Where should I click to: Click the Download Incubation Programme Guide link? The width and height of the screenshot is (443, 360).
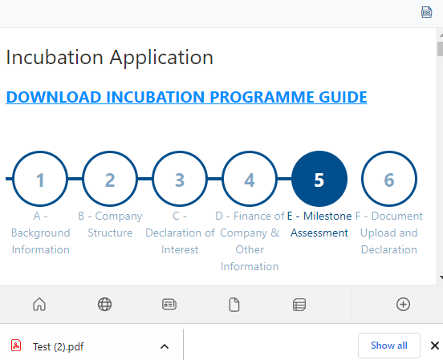(x=186, y=97)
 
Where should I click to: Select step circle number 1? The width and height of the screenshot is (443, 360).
(x=40, y=179)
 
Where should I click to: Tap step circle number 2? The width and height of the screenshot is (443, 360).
(x=110, y=179)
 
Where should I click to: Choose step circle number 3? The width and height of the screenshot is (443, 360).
(x=180, y=179)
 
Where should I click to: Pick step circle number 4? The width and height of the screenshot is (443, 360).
(x=250, y=179)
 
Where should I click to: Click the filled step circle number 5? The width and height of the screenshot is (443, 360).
(x=319, y=179)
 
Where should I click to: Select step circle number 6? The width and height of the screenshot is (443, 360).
(x=389, y=179)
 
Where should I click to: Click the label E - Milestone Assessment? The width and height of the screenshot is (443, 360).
(x=319, y=224)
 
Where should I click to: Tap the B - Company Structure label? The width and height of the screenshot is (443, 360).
(x=110, y=224)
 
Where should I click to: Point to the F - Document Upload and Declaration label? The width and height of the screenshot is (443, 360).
(x=389, y=233)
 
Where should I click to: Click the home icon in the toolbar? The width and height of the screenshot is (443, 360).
(x=39, y=305)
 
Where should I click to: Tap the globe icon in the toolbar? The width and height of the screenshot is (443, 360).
(x=104, y=305)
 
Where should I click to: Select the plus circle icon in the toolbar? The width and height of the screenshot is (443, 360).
(x=403, y=305)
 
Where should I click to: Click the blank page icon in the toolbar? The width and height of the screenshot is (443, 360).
(x=234, y=305)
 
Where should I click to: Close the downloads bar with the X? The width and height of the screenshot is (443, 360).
(x=434, y=346)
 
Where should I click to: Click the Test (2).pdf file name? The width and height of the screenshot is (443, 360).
(x=59, y=346)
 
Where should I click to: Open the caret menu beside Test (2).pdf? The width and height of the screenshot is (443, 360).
(x=165, y=346)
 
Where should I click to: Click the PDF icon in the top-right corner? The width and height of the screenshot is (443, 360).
(x=427, y=12)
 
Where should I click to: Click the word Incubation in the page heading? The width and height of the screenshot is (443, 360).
(x=55, y=57)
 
